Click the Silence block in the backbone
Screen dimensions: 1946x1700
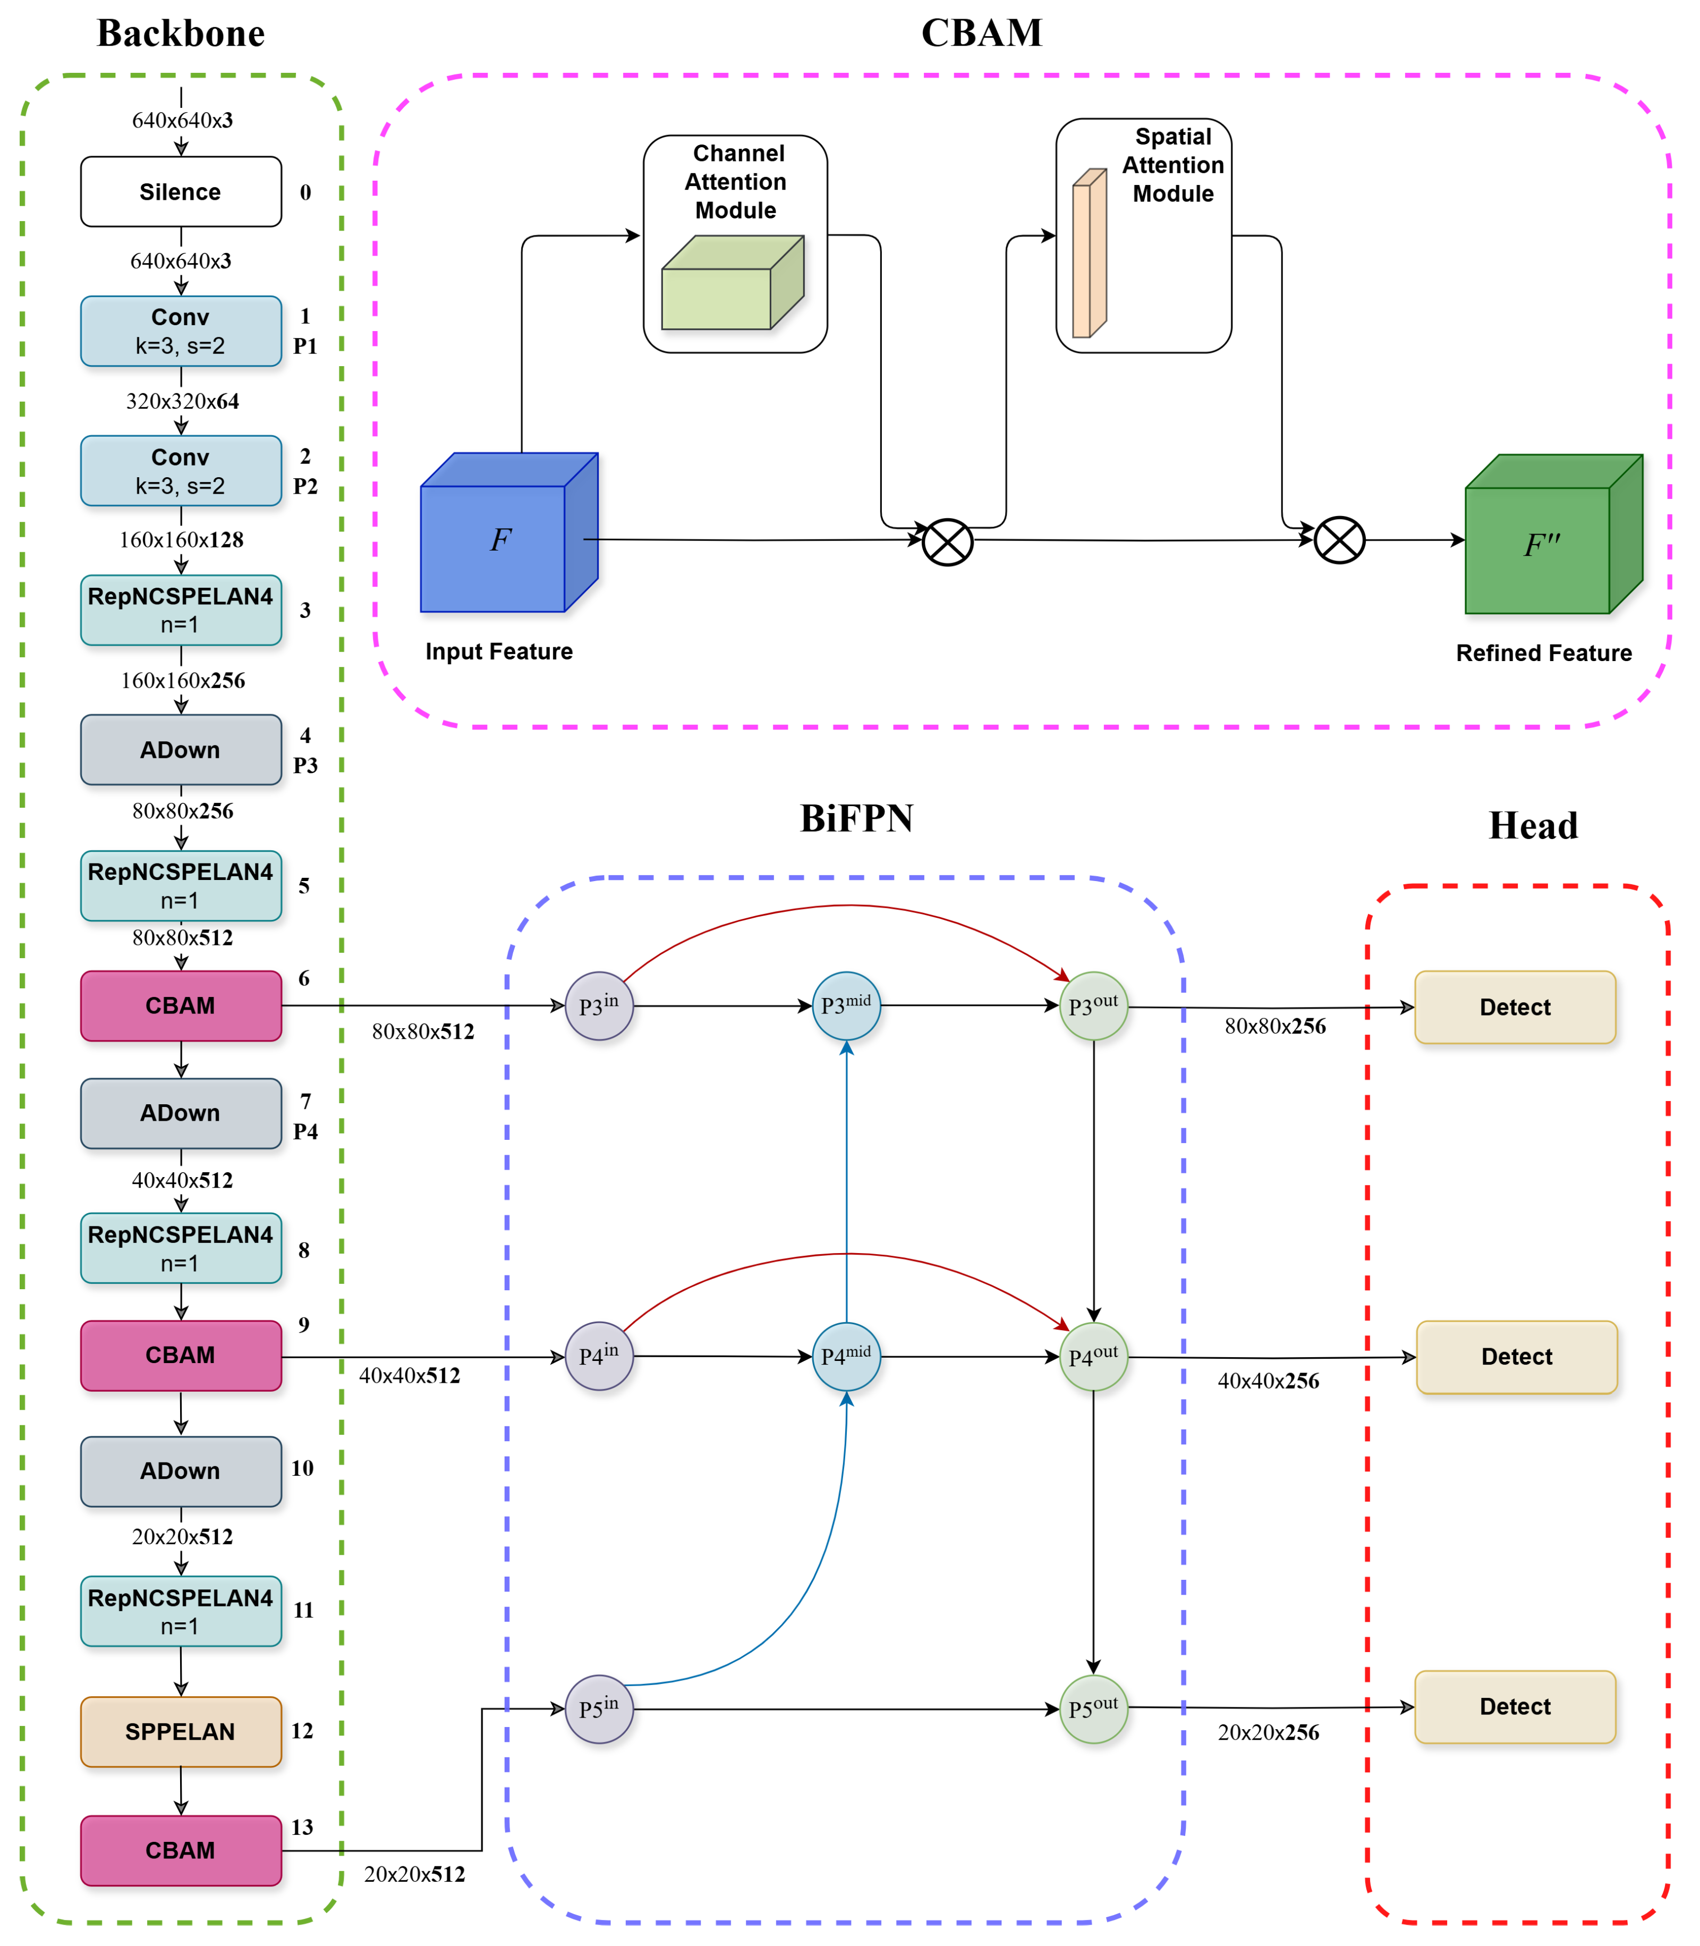[x=180, y=192]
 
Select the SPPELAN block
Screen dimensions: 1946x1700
[x=180, y=1731]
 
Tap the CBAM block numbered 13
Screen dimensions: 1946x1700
[x=180, y=1850]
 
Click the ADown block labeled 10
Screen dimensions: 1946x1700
[x=180, y=1470]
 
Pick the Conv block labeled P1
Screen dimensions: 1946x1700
[x=180, y=331]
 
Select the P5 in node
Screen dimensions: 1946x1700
[x=599, y=1709]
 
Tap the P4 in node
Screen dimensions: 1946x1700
[x=599, y=1356]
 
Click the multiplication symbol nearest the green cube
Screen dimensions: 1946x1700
[x=1339, y=541]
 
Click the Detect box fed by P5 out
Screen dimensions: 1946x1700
[x=1515, y=1707]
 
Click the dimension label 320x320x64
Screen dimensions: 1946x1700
[x=182, y=401]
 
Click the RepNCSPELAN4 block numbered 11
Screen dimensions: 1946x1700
[x=180, y=1611]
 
